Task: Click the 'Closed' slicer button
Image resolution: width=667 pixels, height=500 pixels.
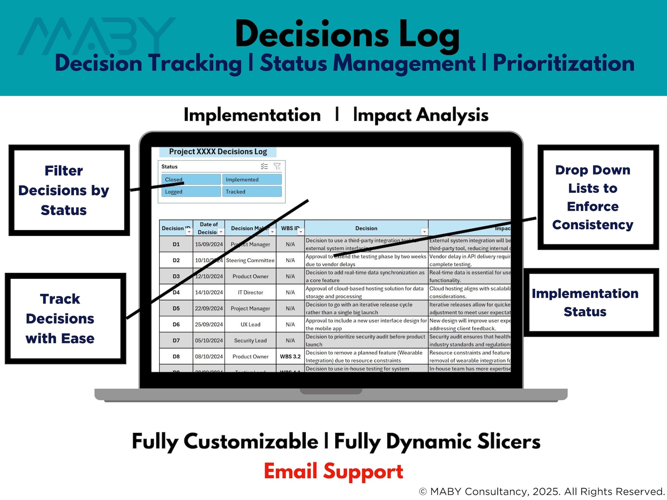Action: tap(191, 179)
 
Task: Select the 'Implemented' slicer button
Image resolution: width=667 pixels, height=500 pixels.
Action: tap(251, 179)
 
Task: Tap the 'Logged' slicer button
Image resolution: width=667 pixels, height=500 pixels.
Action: tap(191, 191)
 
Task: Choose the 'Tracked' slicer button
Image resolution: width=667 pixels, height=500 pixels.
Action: tap(251, 191)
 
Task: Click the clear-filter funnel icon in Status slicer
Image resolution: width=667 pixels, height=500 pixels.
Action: tap(277, 167)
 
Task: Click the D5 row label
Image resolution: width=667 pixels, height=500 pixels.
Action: tap(176, 308)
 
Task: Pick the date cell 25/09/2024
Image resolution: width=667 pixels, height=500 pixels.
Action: tap(209, 325)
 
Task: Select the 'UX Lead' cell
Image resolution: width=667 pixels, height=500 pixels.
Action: tap(250, 325)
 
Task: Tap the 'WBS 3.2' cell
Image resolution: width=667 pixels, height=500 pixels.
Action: tap(290, 356)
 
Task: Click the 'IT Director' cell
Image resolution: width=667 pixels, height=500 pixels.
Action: tap(250, 292)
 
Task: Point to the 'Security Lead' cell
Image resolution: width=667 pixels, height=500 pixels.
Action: tap(250, 340)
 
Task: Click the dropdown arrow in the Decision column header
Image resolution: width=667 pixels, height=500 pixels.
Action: tap(424, 232)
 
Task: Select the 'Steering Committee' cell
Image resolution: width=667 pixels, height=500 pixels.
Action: tap(250, 260)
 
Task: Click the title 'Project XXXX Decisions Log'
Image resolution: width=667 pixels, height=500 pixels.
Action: tap(218, 152)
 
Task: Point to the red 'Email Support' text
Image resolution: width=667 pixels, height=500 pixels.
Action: tap(333, 471)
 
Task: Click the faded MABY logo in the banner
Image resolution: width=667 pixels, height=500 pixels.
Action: tap(97, 37)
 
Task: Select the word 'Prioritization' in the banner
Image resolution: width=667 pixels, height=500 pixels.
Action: tap(563, 63)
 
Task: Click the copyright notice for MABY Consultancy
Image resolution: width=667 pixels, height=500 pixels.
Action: tap(542, 491)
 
